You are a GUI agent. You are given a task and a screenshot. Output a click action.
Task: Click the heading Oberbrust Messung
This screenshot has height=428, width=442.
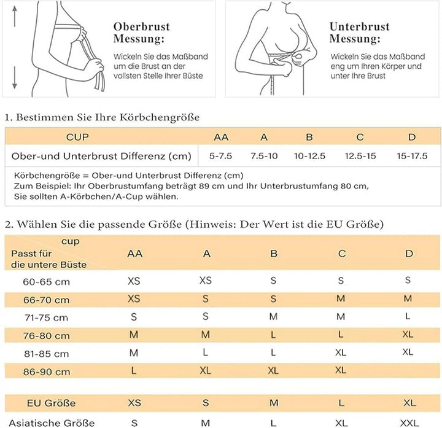click(141, 33)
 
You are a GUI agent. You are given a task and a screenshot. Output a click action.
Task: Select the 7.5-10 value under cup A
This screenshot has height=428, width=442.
click(264, 156)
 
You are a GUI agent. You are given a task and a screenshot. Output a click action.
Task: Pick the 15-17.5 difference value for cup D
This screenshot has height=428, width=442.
click(411, 156)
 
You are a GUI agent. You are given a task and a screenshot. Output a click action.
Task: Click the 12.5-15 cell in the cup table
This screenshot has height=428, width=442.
click(360, 156)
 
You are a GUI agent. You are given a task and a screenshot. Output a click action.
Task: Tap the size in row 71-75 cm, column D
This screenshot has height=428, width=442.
click(408, 317)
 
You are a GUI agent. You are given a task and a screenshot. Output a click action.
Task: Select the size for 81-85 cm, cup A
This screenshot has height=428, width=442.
click(206, 353)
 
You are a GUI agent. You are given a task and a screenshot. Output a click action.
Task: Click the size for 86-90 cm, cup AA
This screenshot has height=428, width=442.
click(134, 372)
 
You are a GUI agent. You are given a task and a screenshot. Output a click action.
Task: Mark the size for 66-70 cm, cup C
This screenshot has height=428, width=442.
click(341, 298)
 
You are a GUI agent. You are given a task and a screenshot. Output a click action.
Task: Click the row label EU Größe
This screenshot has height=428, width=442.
click(52, 403)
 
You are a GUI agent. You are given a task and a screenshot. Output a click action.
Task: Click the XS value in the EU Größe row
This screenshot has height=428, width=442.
click(134, 403)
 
